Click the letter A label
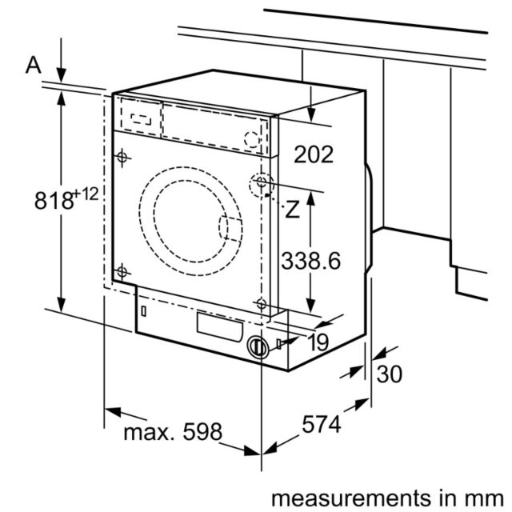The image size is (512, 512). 34,65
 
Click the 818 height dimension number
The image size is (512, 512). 54,200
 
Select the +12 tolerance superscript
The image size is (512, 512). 86,194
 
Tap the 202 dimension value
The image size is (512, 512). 314,154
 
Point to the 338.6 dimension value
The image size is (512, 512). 311,261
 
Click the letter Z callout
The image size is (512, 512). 292,210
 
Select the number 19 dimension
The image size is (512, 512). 318,342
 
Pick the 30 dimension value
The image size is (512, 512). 390,374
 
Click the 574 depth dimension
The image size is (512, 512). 322,424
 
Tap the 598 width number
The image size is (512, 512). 202,432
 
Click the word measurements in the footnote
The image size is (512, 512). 351,498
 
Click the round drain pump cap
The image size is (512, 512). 258,347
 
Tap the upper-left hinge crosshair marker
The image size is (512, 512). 122,158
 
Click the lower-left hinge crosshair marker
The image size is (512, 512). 122,272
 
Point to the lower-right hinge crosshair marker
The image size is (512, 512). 262,304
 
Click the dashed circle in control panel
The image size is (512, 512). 252,138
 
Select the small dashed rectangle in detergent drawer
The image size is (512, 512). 141,119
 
